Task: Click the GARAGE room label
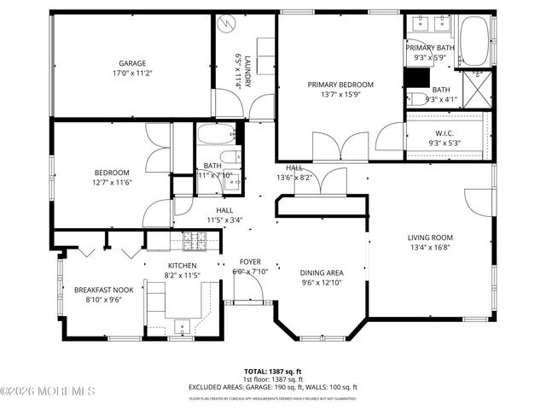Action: coord(131,63)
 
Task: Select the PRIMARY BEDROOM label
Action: coord(341,85)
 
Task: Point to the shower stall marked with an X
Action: coord(477,88)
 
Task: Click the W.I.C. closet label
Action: coord(444,132)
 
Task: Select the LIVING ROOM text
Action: coord(429,238)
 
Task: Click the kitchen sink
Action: coord(183,325)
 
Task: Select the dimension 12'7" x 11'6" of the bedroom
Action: coord(112,182)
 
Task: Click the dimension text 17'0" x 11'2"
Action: coord(131,73)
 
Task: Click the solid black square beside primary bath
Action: coord(416,78)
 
